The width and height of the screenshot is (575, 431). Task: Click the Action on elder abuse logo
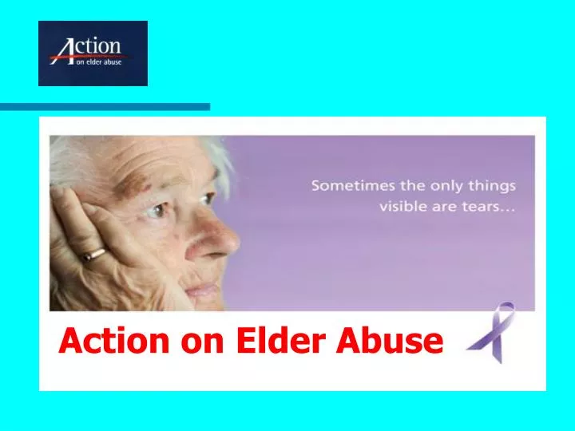(93, 53)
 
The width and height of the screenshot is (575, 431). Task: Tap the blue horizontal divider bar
(105, 106)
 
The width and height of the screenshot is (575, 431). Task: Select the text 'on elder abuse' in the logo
(98, 62)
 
